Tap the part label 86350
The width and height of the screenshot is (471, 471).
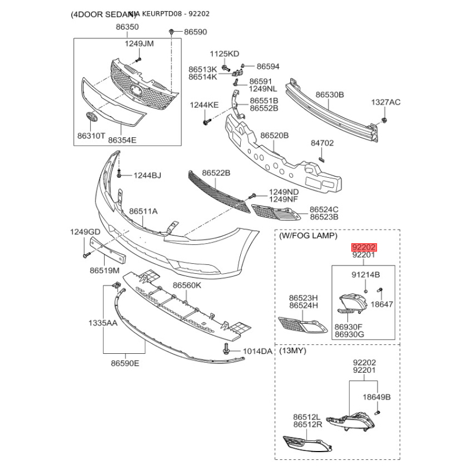click(127, 27)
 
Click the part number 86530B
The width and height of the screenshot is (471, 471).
click(330, 95)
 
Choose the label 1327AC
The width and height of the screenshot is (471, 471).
click(385, 102)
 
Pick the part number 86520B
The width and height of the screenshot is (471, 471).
click(274, 135)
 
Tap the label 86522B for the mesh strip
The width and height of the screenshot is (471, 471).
click(216, 173)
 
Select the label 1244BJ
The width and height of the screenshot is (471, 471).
click(147, 175)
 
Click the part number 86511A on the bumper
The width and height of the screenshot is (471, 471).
click(144, 211)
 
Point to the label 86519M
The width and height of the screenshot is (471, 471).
click(104, 271)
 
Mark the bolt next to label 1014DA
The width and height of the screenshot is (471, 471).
click(226, 351)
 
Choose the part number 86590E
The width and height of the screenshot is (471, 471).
click(124, 363)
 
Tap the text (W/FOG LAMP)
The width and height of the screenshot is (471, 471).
click(309, 236)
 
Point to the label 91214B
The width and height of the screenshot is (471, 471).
click(366, 275)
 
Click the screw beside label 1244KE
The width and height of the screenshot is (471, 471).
click(207, 122)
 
